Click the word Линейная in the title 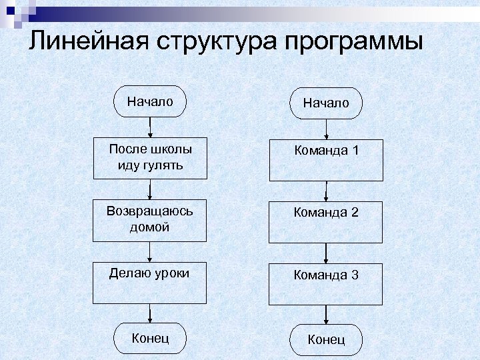click(x=87, y=42)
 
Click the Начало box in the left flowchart click(x=150, y=102)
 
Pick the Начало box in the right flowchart click(x=325, y=103)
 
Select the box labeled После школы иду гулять click(x=150, y=157)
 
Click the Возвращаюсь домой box click(x=150, y=220)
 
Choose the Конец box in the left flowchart click(x=150, y=338)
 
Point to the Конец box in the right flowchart click(x=326, y=340)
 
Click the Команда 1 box click(x=326, y=160)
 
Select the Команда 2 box click(x=326, y=221)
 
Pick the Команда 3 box click(x=326, y=284)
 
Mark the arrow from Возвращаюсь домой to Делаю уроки click(x=151, y=251)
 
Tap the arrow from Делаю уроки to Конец click(x=151, y=314)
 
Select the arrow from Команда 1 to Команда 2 click(x=326, y=191)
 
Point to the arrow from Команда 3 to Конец click(x=326, y=315)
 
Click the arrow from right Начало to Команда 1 click(x=326, y=129)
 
